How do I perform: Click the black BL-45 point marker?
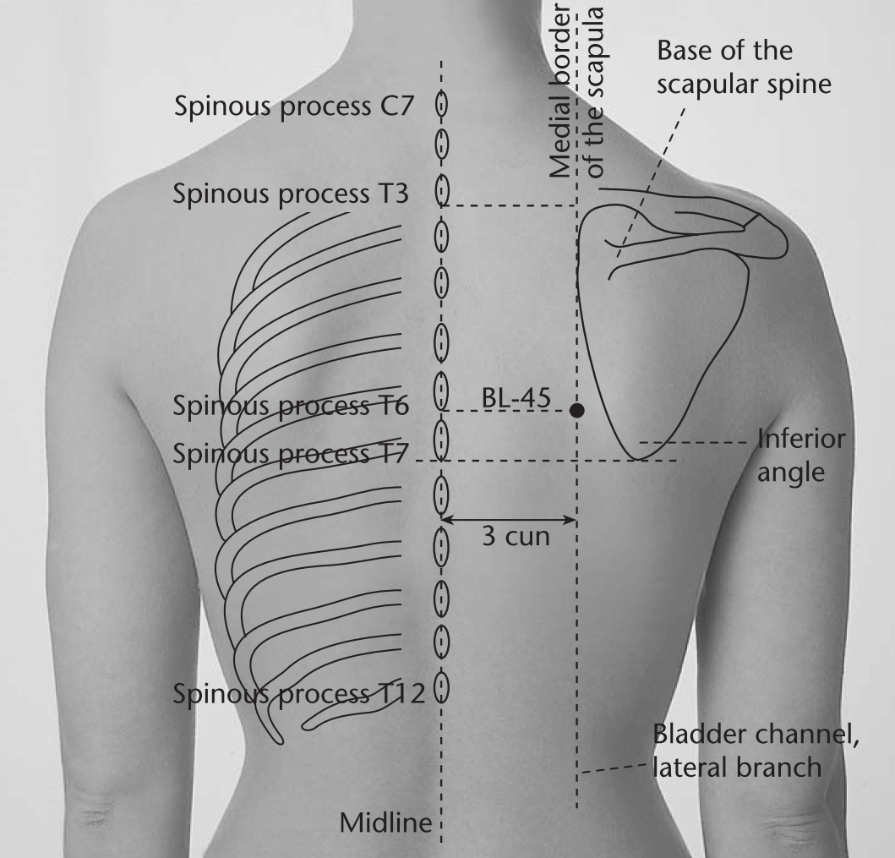click(577, 410)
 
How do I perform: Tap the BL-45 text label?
click(516, 398)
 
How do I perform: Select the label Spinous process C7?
click(293, 107)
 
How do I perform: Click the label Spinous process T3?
click(291, 194)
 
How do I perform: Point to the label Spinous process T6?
click(291, 406)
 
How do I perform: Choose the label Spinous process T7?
click(291, 454)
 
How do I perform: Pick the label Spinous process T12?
click(298, 694)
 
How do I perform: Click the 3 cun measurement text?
click(516, 537)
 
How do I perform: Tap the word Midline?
click(386, 823)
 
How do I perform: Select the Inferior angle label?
click(801, 456)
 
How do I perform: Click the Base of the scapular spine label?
click(744, 68)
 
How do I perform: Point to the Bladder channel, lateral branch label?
click(756, 751)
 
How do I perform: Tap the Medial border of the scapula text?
click(576, 92)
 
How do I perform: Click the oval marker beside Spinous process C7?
click(441, 105)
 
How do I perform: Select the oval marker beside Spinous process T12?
click(441, 687)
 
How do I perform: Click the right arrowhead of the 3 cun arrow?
click(572, 520)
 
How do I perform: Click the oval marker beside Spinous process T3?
click(441, 190)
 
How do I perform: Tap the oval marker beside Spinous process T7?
click(441, 439)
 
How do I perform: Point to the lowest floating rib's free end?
click(304, 727)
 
